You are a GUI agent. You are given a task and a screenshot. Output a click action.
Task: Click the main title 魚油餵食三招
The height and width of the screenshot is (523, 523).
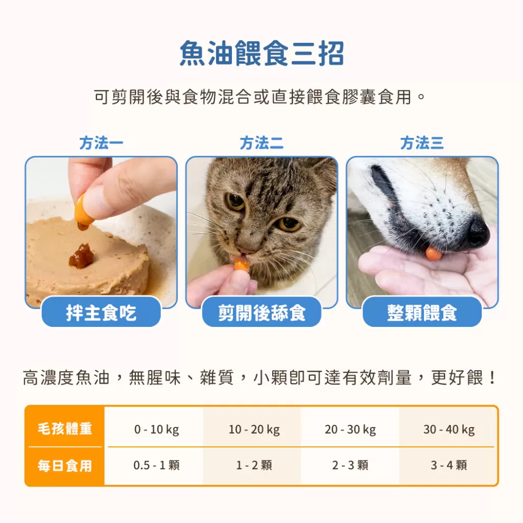(x=261, y=53)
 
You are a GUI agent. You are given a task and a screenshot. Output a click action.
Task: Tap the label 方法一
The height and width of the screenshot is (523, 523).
(x=101, y=143)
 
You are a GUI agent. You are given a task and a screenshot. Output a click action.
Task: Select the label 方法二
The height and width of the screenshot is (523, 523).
(x=261, y=143)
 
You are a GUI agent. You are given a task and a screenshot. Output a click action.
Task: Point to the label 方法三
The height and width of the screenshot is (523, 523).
(x=422, y=143)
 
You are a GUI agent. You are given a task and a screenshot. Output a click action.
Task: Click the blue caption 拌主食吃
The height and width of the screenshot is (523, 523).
(x=101, y=313)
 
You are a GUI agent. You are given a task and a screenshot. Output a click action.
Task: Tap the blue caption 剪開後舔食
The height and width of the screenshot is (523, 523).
(x=261, y=313)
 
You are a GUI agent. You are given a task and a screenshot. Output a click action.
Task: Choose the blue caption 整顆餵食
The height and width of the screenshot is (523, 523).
(x=422, y=313)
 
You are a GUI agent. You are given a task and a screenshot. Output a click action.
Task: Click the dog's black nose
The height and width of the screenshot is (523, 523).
(x=478, y=231)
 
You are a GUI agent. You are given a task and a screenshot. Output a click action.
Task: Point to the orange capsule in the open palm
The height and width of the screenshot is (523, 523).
(x=434, y=252)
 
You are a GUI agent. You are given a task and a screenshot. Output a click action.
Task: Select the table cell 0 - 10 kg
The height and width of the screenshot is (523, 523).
(x=156, y=430)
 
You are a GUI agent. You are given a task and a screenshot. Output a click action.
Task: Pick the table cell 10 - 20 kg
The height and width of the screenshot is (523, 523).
(x=254, y=430)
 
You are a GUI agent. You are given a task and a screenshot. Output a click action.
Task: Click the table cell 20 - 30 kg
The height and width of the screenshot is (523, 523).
(x=350, y=430)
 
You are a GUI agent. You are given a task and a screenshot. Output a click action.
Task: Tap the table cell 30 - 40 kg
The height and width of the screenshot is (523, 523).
(x=449, y=430)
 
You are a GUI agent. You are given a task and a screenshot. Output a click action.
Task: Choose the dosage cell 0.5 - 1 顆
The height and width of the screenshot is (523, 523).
(x=156, y=465)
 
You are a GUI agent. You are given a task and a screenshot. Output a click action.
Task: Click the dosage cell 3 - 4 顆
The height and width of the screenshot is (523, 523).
(x=449, y=465)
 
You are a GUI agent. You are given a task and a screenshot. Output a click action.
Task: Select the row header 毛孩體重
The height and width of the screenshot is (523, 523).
(x=65, y=429)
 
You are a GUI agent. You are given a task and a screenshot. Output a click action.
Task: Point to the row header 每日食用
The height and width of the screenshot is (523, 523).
(x=65, y=466)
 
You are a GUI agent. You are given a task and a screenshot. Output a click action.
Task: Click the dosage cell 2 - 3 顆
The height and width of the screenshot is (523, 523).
(x=350, y=465)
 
